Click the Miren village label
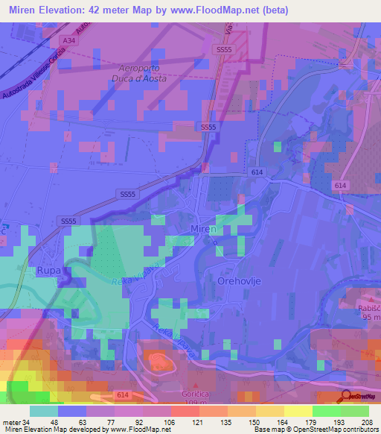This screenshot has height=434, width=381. pos(203,229)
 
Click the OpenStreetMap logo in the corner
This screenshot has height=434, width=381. pos(359,397)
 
